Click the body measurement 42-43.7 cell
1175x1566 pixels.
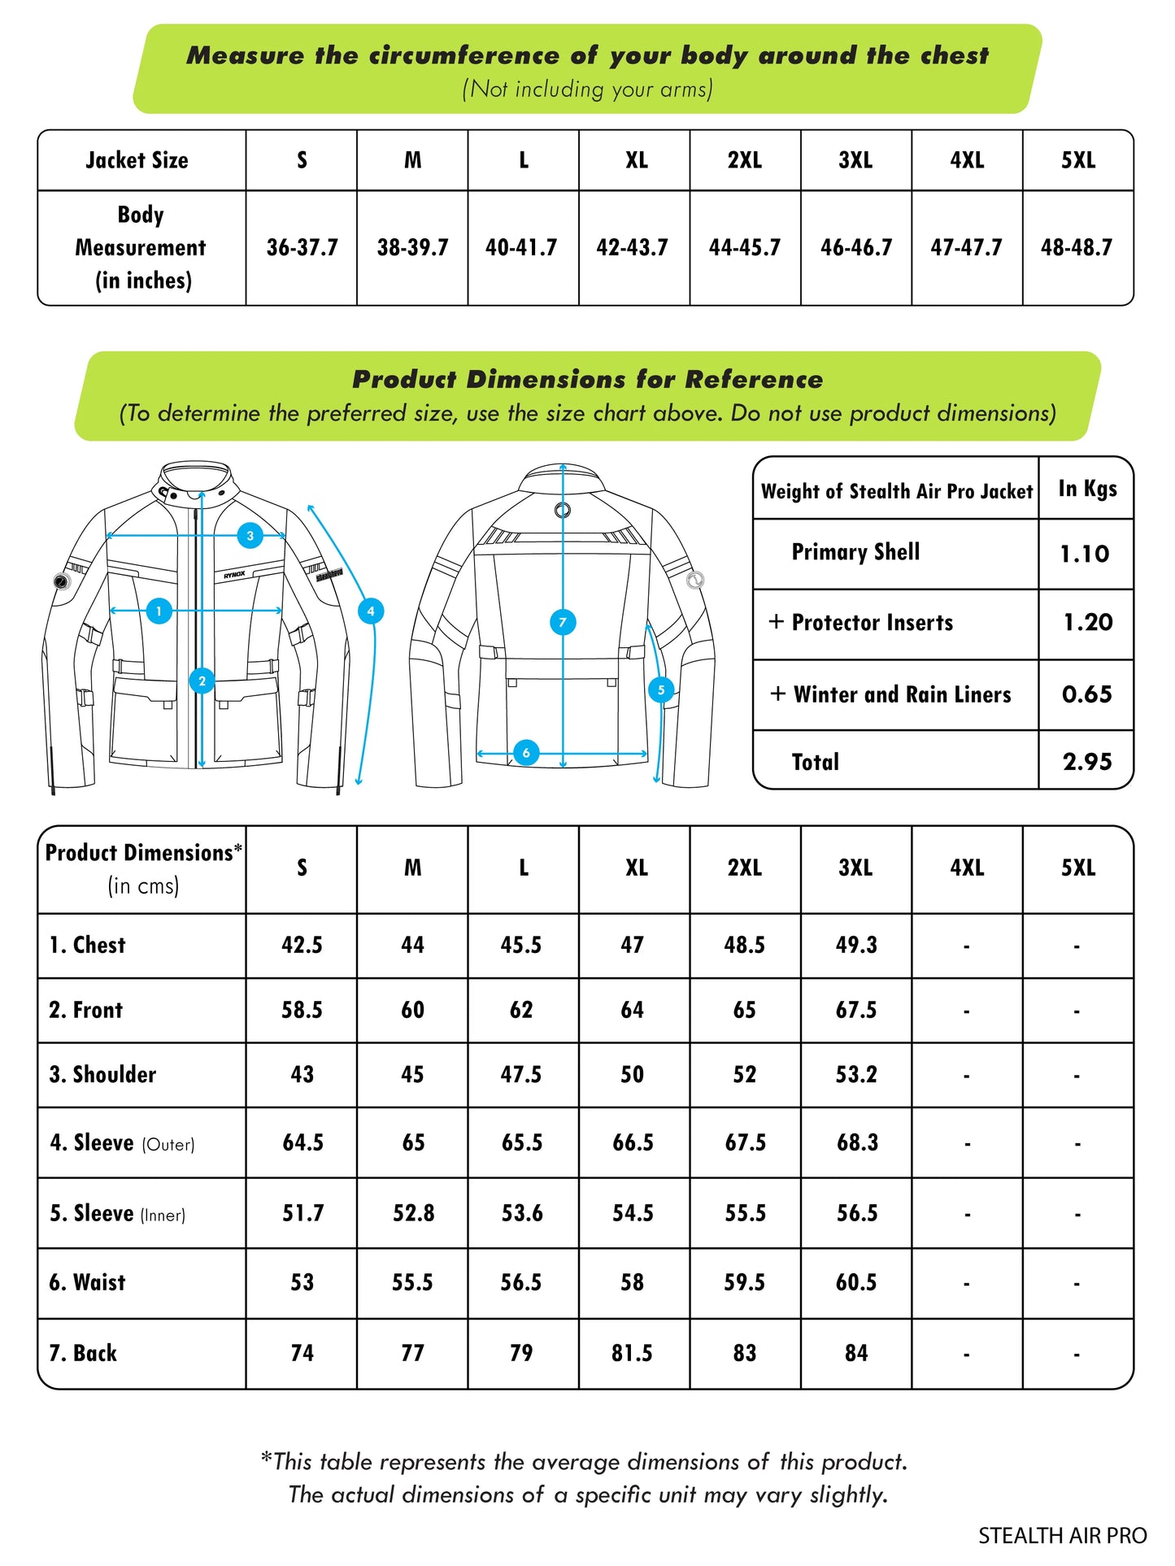tap(632, 247)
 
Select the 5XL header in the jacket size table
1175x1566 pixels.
tap(1077, 160)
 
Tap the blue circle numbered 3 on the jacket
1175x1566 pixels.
tap(250, 536)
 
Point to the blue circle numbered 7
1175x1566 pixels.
tap(563, 623)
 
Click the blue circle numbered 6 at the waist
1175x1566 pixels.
tap(526, 753)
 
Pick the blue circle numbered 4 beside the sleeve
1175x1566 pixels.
tap(371, 611)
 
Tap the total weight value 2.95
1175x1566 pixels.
tap(1086, 762)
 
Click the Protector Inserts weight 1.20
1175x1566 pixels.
tap(1087, 623)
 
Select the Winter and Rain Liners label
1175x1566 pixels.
tap(902, 694)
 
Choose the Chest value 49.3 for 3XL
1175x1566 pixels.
tap(856, 945)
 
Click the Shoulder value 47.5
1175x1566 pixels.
tap(521, 1075)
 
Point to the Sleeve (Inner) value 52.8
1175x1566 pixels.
tap(413, 1213)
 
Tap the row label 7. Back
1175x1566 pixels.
tap(83, 1353)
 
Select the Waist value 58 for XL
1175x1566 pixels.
tap(632, 1282)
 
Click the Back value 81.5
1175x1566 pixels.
tap(632, 1353)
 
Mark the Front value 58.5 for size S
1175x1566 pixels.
tap(302, 1010)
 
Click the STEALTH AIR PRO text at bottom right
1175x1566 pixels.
tap(1062, 1536)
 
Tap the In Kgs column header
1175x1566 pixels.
tap(1087, 489)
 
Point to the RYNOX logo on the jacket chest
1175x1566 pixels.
tap(234, 575)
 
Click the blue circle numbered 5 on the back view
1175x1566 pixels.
tap(661, 690)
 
